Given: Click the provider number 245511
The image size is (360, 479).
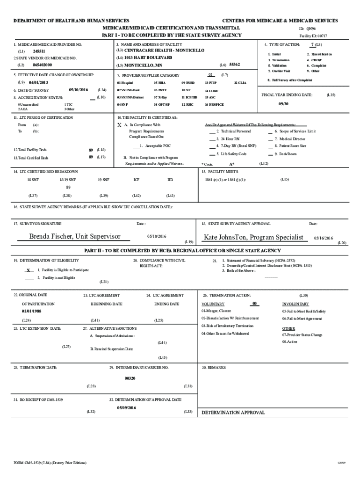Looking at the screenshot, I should pyautogui.click(x=39, y=51).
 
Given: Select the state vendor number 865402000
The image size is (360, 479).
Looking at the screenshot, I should pyautogui.click(x=43, y=65).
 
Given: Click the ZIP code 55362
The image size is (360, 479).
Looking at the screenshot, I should pyautogui.click(x=235, y=65).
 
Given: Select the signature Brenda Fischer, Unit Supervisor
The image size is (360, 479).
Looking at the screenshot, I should pyautogui.click(x=75, y=237).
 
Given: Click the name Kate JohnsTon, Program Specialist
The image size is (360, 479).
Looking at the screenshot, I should pyautogui.click(x=253, y=238).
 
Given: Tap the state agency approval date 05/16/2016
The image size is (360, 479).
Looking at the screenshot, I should pyautogui.click(x=323, y=238).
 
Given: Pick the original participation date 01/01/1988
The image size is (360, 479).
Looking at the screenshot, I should pyautogui.click(x=31, y=311).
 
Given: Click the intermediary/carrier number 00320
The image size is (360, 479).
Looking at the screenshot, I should pyautogui.click(x=130, y=378).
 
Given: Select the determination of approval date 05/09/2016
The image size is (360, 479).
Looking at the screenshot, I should pyautogui.click(x=127, y=408).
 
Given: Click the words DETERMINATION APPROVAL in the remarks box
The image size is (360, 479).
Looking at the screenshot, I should pyautogui.click(x=233, y=413).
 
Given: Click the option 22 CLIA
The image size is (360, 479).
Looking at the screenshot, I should pyautogui.click(x=240, y=82).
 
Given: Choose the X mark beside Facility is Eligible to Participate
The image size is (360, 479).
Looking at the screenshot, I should pyautogui.click(x=29, y=270).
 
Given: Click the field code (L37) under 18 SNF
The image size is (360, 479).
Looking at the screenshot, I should pyautogui.click(x=33, y=196).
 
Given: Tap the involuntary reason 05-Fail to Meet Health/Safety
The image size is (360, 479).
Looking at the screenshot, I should pyautogui.click(x=304, y=311).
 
